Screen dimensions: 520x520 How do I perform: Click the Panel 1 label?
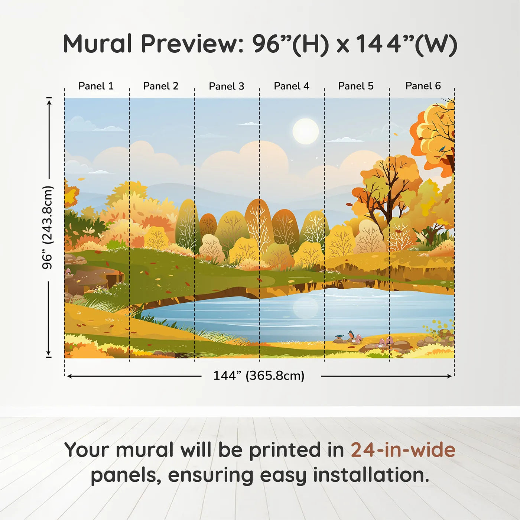(x=96, y=86)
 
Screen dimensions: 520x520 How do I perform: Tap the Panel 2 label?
(x=161, y=86)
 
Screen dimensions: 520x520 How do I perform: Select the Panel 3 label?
(x=227, y=86)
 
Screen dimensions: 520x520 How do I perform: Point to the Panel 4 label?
(x=292, y=86)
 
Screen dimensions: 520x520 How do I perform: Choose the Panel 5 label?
(x=356, y=86)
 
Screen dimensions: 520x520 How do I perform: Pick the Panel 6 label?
(x=423, y=86)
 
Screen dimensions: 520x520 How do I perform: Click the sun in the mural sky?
(x=306, y=131)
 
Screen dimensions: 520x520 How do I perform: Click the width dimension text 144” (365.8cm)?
(x=259, y=376)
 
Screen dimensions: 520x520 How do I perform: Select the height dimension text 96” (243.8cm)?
(x=48, y=227)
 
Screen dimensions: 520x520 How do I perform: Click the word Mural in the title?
(x=98, y=43)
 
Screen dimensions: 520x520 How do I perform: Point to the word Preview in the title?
(x=193, y=44)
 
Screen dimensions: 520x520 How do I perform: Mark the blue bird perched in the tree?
(x=442, y=148)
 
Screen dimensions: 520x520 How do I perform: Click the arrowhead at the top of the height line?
(x=49, y=102)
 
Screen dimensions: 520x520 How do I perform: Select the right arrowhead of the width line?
(x=449, y=376)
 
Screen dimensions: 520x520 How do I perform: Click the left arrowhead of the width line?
(x=69, y=376)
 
